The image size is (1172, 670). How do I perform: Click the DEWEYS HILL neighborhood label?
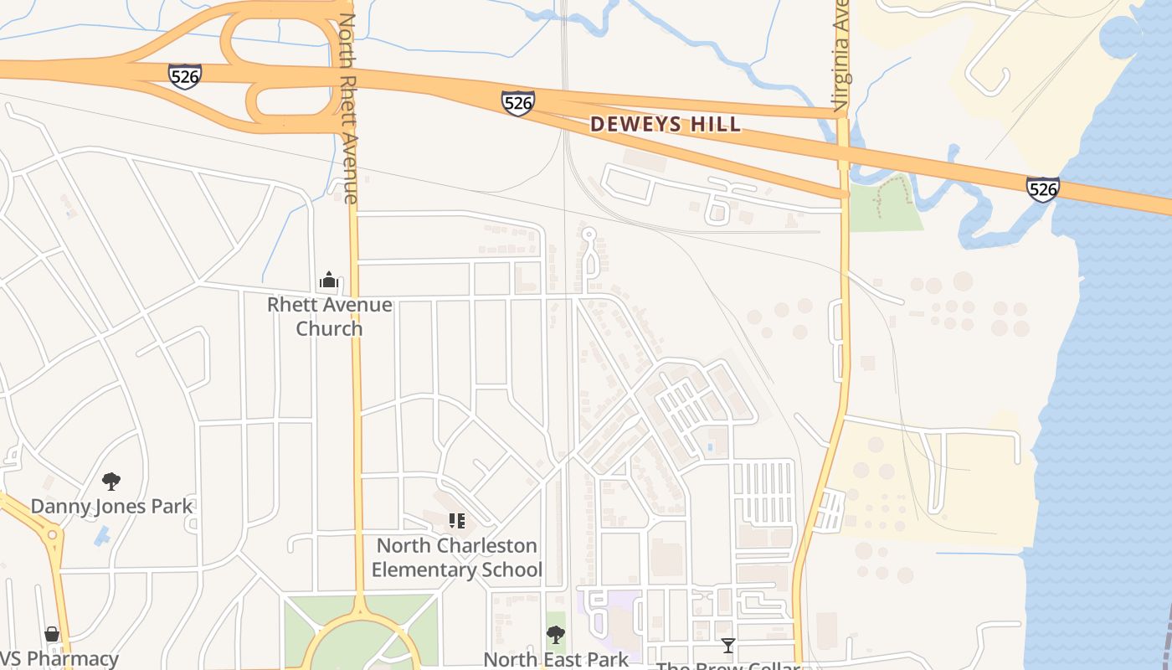pyautogui.click(x=666, y=125)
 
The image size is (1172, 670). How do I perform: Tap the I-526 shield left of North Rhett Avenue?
pyautogui.click(x=184, y=75)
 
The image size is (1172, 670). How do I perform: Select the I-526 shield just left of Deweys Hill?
pyautogui.click(x=518, y=102)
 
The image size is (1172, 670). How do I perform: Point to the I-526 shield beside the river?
pyautogui.click(x=1042, y=189)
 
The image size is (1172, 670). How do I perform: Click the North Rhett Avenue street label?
pyautogui.click(x=348, y=109)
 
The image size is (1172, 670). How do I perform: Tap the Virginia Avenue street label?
pyautogui.click(x=841, y=55)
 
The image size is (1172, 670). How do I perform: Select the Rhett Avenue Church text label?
pyautogui.click(x=329, y=316)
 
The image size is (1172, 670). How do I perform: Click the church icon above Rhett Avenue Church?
pyautogui.click(x=329, y=281)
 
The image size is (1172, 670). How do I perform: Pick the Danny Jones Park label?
pyautogui.click(x=111, y=507)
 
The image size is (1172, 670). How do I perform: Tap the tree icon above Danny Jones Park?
pyautogui.click(x=111, y=482)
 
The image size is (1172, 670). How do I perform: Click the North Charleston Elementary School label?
pyautogui.click(x=456, y=558)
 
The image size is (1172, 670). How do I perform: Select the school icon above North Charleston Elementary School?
pyautogui.click(x=456, y=522)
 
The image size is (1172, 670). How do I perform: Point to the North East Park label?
pyautogui.click(x=556, y=659)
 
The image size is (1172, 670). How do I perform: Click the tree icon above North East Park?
pyautogui.click(x=556, y=635)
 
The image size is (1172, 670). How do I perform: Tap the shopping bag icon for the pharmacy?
pyautogui.click(x=52, y=635)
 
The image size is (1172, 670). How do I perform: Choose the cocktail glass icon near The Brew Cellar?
pyautogui.click(x=728, y=645)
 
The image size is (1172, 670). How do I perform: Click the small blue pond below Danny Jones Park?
pyautogui.click(x=102, y=535)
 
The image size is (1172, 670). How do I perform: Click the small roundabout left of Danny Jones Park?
pyautogui.click(x=52, y=533)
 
